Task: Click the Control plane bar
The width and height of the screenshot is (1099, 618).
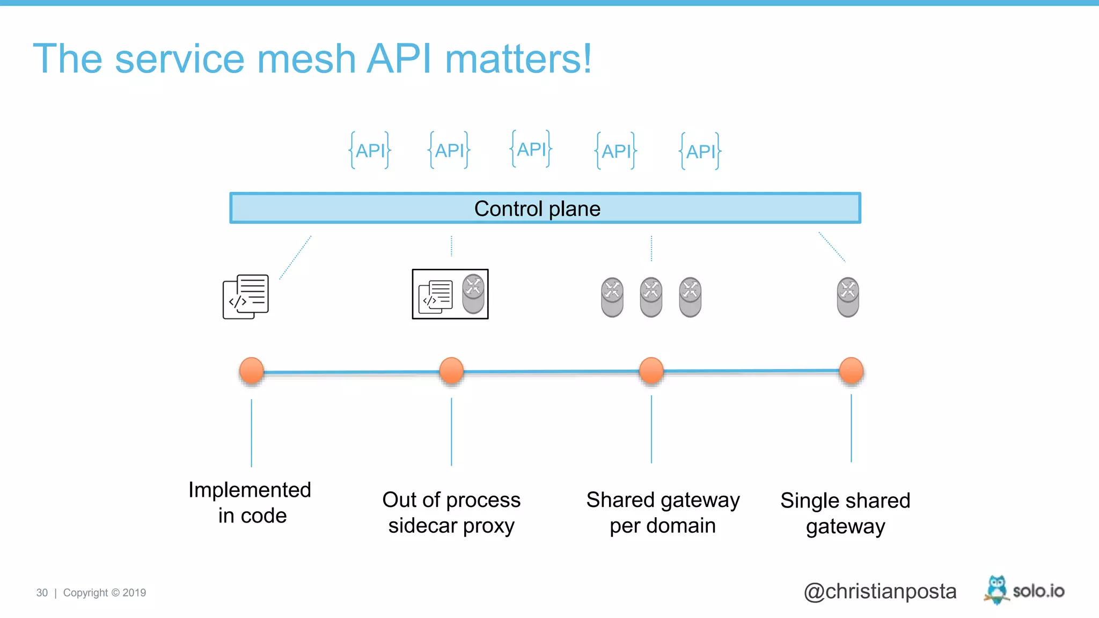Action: point(545,208)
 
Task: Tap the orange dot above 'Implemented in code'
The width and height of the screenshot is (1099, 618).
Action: point(251,370)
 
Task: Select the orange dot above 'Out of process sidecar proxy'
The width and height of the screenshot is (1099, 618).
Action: point(451,370)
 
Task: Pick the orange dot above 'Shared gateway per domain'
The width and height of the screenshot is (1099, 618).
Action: point(651,370)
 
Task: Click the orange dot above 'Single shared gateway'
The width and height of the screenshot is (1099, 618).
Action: point(851,370)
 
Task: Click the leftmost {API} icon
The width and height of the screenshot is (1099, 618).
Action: point(370,150)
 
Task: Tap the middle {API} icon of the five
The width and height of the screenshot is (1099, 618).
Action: point(531,149)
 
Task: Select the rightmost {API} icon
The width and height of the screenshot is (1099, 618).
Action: point(700,151)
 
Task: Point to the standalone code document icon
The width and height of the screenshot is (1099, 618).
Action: point(246,297)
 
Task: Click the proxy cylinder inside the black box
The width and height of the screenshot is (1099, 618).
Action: point(473,294)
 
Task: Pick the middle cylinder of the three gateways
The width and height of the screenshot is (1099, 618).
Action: point(651,297)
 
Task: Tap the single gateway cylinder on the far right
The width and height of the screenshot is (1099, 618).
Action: point(848,297)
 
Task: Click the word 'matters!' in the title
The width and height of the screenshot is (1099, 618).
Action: point(518,59)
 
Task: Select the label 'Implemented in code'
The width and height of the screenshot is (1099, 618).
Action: point(250,502)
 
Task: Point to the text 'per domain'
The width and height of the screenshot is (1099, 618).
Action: point(662,526)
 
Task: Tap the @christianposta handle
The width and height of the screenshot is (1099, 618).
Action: point(880,591)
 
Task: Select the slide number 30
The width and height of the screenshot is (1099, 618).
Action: point(42,593)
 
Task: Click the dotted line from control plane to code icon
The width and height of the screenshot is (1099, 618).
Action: point(295,257)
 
